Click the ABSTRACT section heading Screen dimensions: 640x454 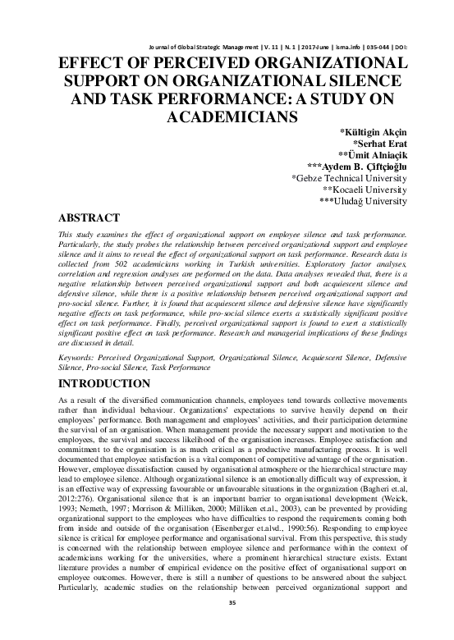(x=91, y=219)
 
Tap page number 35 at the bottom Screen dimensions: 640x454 (x=227, y=624)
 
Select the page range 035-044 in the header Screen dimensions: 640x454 (x=386, y=48)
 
